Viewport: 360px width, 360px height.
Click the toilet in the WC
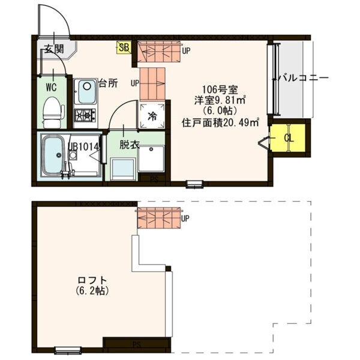pyautogui.click(x=54, y=112)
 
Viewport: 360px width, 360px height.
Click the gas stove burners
pyautogui.click(x=85, y=115)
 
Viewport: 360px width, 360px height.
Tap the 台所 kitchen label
pyautogui.click(x=108, y=83)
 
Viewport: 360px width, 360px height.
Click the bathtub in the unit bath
pyautogui.click(x=54, y=154)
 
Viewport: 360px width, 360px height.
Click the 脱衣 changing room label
pyautogui.click(x=128, y=145)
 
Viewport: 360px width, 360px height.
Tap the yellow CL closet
pyautogui.click(x=289, y=139)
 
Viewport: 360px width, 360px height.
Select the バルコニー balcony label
pyautogui.click(x=303, y=79)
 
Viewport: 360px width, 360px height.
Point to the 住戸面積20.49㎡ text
pyautogui.click(x=220, y=122)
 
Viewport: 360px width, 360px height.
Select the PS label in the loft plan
pyautogui.click(x=137, y=345)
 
